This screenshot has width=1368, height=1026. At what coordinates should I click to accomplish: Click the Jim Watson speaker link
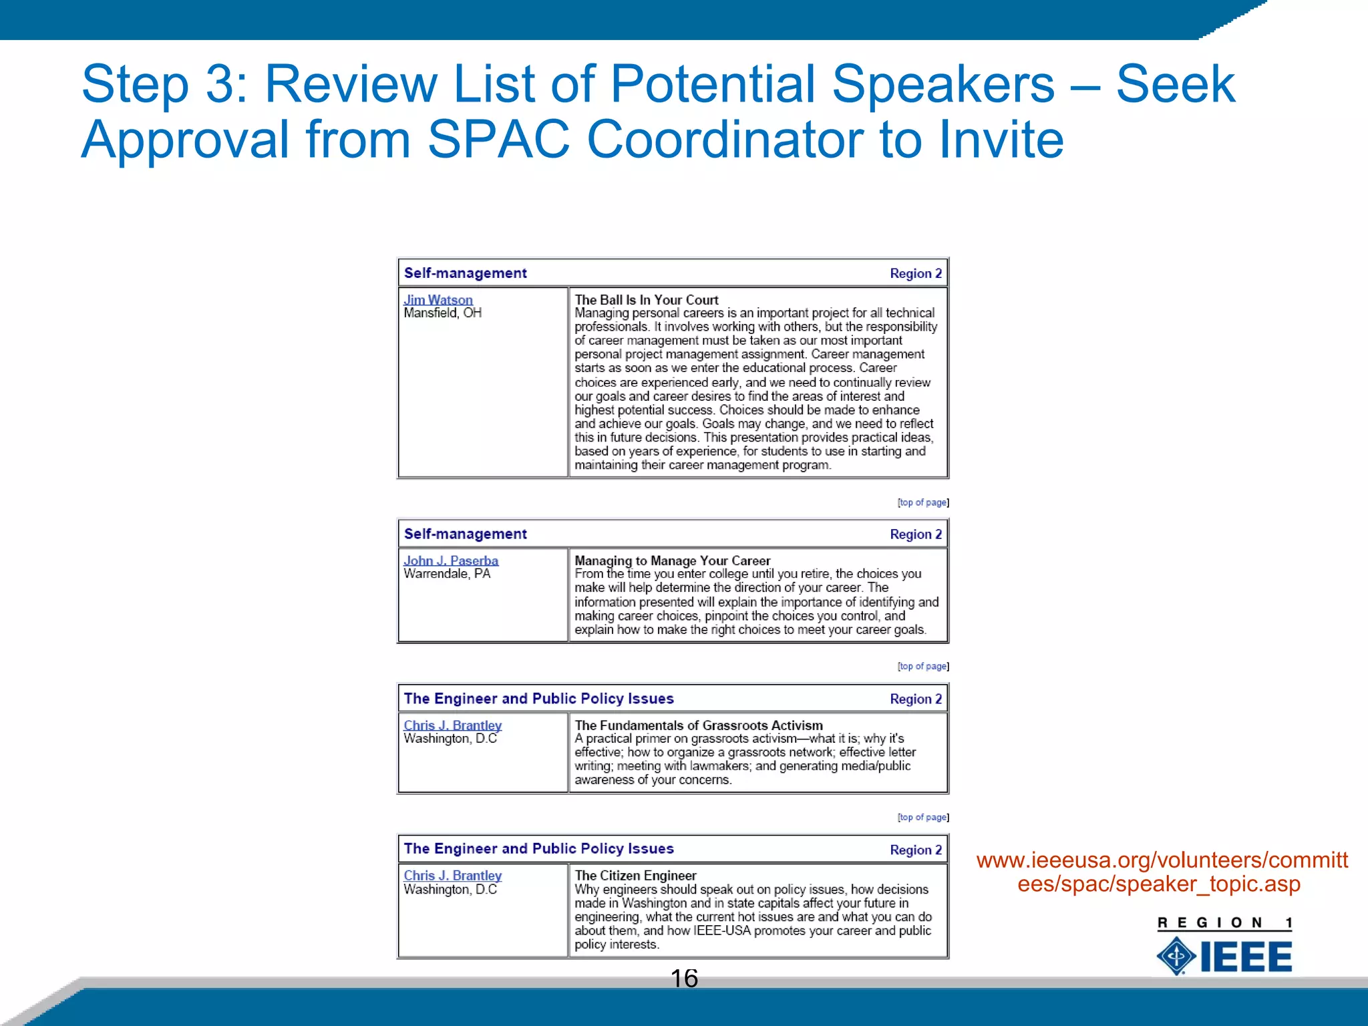coord(438,300)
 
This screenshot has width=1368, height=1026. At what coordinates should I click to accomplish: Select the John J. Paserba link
coord(451,560)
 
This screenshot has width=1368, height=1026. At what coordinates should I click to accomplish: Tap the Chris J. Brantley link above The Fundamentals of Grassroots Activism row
coord(452,725)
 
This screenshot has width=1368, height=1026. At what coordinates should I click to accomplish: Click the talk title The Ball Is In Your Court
coord(646,300)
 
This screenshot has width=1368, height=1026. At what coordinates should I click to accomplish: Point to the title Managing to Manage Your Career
coord(672,560)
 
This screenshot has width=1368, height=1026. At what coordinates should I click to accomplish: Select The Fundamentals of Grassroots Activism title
coord(698,725)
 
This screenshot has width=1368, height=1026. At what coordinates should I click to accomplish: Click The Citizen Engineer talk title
coord(635,875)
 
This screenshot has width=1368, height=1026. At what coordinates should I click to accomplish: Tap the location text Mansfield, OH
coord(442,313)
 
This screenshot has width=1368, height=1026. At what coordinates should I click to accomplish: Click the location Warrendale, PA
coord(446,574)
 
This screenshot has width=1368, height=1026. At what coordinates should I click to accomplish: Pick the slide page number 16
coord(683,979)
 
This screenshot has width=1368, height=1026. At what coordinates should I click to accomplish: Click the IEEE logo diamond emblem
coord(1176,956)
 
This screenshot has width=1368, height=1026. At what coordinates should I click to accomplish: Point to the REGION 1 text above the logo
coord(1224,923)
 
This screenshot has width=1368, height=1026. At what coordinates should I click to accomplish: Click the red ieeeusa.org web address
coord(1162,872)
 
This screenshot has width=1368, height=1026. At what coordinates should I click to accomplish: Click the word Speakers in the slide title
coord(943,84)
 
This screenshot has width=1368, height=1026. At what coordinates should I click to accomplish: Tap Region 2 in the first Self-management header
coord(915,273)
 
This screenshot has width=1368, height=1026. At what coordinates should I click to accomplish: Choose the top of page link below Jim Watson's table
coord(922,502)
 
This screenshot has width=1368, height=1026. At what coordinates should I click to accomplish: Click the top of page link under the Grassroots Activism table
coord(922,817)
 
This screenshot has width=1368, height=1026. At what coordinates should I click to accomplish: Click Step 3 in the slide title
coord(164,84)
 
